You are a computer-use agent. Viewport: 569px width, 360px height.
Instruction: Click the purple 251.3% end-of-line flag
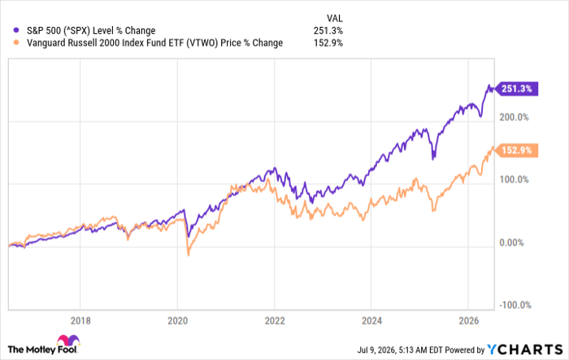(517, 89)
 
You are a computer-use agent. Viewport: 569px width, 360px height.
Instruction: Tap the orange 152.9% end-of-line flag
(517, 150)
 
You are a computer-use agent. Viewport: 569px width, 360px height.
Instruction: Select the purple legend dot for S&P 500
(16, 30)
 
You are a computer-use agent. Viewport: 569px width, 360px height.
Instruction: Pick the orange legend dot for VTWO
(16, 42)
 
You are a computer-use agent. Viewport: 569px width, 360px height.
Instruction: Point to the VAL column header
(334, 18)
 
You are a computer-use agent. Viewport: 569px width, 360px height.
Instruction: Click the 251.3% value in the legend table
(328, 31)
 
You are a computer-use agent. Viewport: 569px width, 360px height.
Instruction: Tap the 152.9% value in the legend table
(328, 43)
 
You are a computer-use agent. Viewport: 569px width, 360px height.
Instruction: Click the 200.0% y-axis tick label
(514, 117)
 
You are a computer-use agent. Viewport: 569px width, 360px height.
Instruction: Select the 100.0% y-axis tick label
(514, 180)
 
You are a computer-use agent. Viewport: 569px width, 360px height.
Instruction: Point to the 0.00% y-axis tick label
(511, 242)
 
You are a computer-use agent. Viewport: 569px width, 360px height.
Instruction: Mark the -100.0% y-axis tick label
(515, 305)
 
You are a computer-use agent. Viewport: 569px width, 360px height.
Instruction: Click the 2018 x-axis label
(80, 321)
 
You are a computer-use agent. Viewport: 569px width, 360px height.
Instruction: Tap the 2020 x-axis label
(177, 321)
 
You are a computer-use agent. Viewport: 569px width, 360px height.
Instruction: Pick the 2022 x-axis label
(275, 321)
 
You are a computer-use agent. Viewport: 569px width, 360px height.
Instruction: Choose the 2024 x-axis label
(371, 321)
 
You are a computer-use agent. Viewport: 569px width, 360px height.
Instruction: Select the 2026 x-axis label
(469, 321)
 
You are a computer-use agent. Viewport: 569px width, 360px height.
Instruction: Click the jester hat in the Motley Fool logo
(68, 340)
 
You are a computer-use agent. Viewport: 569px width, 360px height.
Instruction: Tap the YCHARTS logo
(525, 349)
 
